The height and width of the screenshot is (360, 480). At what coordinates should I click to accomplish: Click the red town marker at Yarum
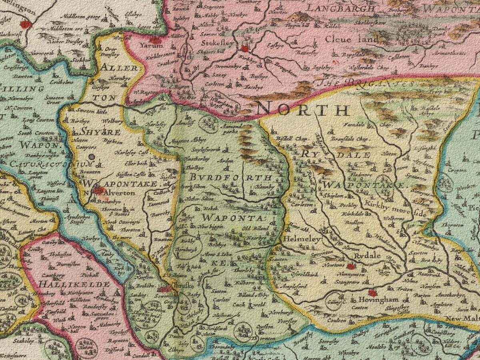(155, 40)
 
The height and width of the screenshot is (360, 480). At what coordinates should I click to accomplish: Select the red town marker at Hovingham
(373, 293)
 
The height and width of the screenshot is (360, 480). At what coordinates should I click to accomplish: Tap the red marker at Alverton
(98, 190)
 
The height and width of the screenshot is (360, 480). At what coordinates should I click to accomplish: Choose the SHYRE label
(95, 132)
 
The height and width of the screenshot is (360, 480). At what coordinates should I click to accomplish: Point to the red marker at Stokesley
(245, 49)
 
